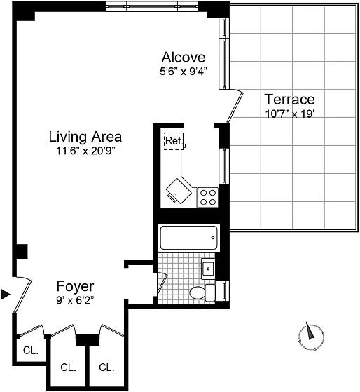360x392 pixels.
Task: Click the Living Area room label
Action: point(85,137)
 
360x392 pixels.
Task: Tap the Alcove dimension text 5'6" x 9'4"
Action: point(184,72)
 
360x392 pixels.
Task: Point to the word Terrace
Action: point(289,100)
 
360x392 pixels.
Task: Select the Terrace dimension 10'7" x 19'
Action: point(289,114)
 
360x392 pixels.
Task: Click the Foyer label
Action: point(75,286)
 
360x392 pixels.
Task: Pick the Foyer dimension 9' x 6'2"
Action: point(75,300)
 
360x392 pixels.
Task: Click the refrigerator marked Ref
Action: point(174,141)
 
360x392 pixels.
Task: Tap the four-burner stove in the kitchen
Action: point(208,197)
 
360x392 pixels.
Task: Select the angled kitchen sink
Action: point(179,191)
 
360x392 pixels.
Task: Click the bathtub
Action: point(188,238)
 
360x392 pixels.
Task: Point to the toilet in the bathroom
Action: point(202,292)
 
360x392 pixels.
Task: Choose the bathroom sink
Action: point(208,269)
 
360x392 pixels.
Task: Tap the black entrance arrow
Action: point(5,295)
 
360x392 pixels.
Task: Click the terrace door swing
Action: point(235,106)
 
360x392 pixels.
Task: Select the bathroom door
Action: point(160,284)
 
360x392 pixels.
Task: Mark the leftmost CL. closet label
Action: point(31,351)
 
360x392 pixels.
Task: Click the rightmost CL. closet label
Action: point(106,367)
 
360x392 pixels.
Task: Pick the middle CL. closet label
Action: point(68,367)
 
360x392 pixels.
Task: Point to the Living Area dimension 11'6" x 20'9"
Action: point(85,151)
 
